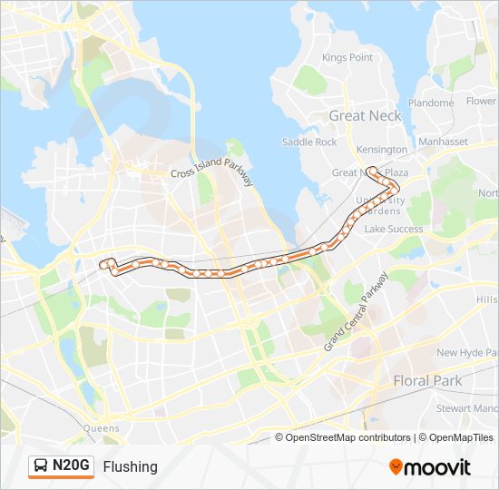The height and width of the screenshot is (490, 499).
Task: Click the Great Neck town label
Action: tap(366, 115)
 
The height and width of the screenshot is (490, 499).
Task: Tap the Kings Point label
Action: tap(347, 57)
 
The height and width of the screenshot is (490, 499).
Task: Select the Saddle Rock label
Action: tap(309, 142)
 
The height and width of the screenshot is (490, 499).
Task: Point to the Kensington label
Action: tap(382, 149)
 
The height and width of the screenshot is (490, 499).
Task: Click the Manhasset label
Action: tap(443, 142)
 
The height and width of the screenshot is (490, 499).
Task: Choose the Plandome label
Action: tap(431, 103)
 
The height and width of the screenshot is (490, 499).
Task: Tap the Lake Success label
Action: tap(394, 229)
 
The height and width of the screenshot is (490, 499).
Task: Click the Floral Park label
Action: tap(427, 381)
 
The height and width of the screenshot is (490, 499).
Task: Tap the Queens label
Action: tap(101, 427)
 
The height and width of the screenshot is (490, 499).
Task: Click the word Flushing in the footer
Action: tap(130, 466)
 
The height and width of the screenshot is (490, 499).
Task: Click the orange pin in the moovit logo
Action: tap(396, 466)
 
